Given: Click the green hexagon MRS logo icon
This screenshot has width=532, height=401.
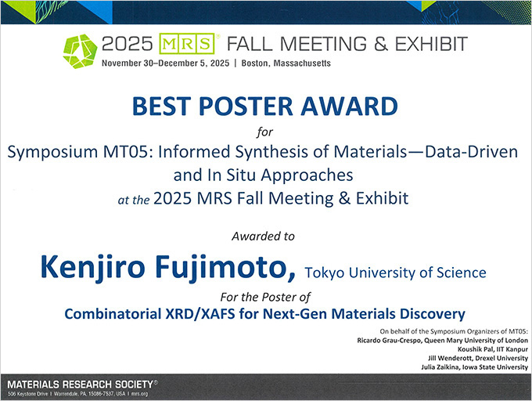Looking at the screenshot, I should click(80, 52).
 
